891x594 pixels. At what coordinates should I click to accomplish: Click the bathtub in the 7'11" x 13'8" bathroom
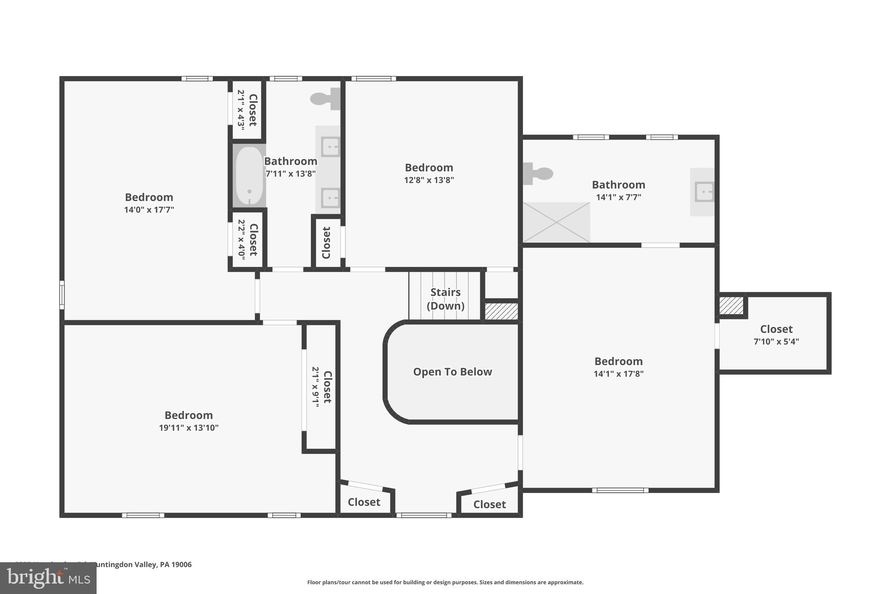click(x=249, y=176)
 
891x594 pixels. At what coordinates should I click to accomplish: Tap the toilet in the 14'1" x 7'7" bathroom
click(x=539, y=174)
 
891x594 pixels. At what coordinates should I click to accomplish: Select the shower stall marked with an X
click(x=556, y=222)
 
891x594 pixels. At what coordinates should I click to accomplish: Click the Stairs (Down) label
click(x=445, y=299)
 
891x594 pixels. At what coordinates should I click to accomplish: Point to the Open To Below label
click(x=452, y=372)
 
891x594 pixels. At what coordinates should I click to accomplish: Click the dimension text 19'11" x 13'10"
click(x=188, y=428)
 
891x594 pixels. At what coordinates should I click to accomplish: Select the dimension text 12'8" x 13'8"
click(x=429, y=180)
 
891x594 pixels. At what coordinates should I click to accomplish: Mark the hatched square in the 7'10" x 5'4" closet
click(x=731, y=305)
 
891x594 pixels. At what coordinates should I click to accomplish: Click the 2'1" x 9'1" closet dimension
click(x=315, y=387)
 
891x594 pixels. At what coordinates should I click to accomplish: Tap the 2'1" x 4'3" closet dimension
click(x=241, y=110)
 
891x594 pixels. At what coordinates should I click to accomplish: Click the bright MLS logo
click(x=48, y=578)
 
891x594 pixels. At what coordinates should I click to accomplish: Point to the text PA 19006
click(x=176, y=564)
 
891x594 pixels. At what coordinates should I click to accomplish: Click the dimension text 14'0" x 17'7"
click(x=149, y=210)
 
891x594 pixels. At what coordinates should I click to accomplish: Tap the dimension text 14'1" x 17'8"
click(x=618, y=374)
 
